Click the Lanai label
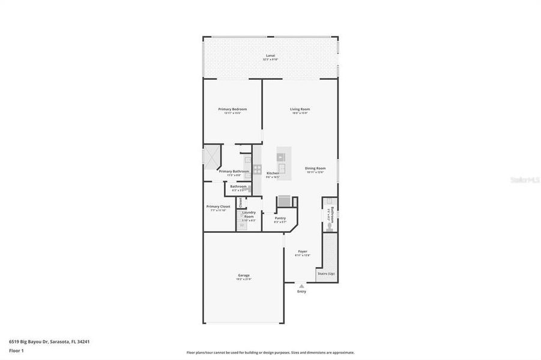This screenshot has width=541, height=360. coord(270,56)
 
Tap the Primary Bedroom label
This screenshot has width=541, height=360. coord(232,109)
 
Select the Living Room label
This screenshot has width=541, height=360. coord(300,109)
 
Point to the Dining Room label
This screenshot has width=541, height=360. coord(315,168)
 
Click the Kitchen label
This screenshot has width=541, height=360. coord(273,173)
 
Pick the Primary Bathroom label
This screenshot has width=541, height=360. coord(234,172)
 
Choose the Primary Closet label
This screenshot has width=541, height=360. coord(218,206)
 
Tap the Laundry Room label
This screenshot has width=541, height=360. coord(249,214)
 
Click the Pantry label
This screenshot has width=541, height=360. coord(280,218)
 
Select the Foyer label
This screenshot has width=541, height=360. coord(303,251)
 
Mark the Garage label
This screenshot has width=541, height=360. coord(243,275)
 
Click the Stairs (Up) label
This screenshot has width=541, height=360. coord(326,274)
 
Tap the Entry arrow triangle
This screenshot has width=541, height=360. coord(301,286)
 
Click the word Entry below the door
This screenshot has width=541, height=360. coord(301,292)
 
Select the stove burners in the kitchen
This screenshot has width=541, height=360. coord(257,169)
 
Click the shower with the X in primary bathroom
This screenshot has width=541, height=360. coord(212,158)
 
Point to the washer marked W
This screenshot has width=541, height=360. coord(243,226)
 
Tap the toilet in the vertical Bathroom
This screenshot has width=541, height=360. coord(330,226)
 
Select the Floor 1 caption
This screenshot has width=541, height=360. coord(16,350)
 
